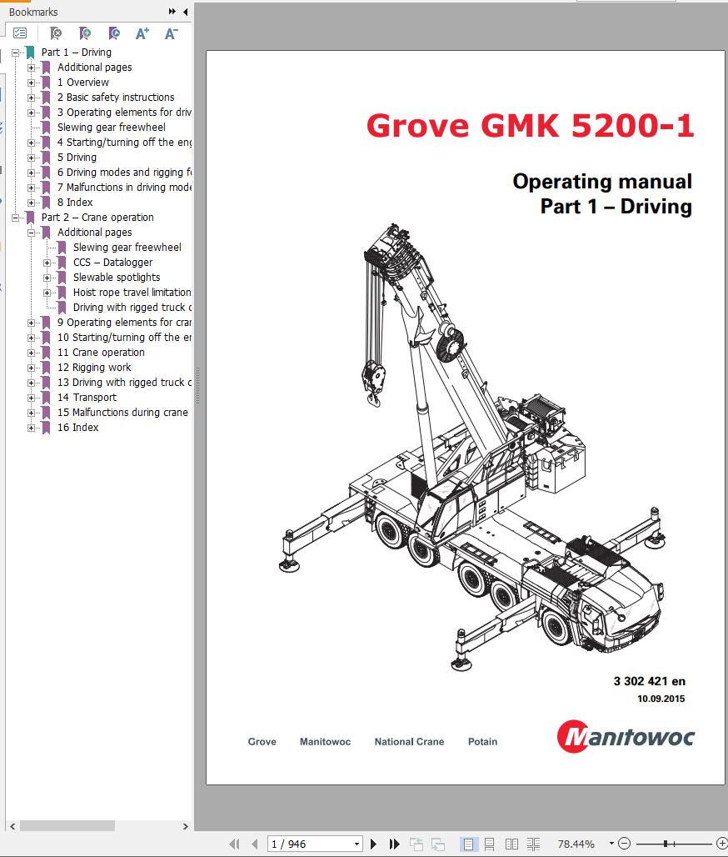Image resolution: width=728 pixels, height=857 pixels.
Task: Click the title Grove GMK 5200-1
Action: (x=530, y=125)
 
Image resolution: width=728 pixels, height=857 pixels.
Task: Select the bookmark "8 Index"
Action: (x=75, y=203)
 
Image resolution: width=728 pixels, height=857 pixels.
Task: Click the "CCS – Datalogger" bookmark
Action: (x=112, y=263)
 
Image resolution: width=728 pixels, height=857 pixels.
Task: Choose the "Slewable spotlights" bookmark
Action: (x=117, y=278)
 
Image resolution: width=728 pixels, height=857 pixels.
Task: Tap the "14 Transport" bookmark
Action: (x=87, y=398)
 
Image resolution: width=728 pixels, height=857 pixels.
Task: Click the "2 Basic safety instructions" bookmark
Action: (x=116, y=98)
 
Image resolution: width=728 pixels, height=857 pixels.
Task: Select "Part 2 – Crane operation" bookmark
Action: (x=97, y=218)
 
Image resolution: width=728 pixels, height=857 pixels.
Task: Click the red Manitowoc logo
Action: (x=625, y=737)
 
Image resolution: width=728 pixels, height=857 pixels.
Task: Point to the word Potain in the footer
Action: (x=482, y=742)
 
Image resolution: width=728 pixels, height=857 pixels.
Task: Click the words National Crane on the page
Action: (x=409, y=742)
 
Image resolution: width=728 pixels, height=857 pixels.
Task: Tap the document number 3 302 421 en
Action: (x=649, y=681)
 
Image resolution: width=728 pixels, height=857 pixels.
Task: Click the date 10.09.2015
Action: (x=661, y=699)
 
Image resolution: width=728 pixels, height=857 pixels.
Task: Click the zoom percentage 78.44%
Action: (x=576, y=844)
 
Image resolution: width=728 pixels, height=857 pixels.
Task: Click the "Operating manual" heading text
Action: (x=602, y=181)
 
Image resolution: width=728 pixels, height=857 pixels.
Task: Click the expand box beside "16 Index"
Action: (x=32, y=428)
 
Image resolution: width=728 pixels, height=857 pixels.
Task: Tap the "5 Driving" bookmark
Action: (x=77, y=158)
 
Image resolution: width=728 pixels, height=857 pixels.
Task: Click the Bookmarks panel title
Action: (x=33, y=13)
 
